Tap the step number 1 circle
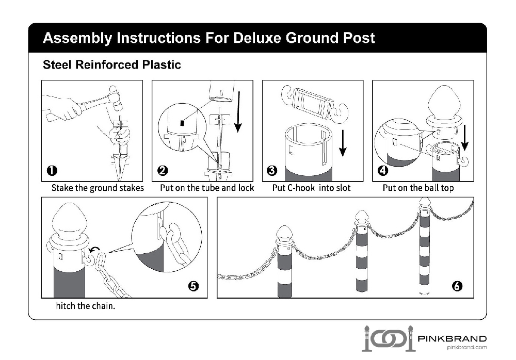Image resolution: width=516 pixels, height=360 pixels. click(x=52, y=171)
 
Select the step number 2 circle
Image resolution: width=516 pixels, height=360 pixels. click(x=163, y=171)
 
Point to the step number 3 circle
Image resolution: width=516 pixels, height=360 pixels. click(x=272, y=171)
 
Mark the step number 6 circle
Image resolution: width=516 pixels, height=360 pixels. click(x=457, y=287)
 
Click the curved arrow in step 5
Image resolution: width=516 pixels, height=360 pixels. click(x=94, y=251)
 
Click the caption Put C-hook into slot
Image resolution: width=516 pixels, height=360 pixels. click(x=311, y=188)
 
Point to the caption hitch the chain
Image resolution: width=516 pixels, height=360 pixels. click(x=85, y=306)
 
